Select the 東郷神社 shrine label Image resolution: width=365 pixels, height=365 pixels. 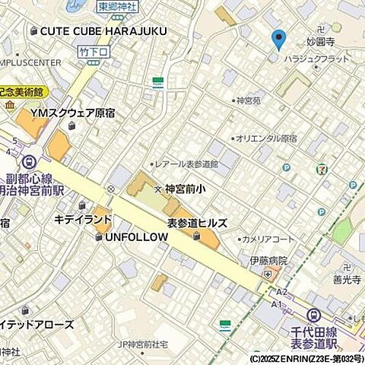[x=118, y=6]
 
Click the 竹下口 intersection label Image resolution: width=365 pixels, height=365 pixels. [x=94, y=51]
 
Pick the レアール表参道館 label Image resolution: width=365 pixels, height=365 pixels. [x=186, y=163]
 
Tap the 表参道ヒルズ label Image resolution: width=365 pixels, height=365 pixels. [x=198, y=222]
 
